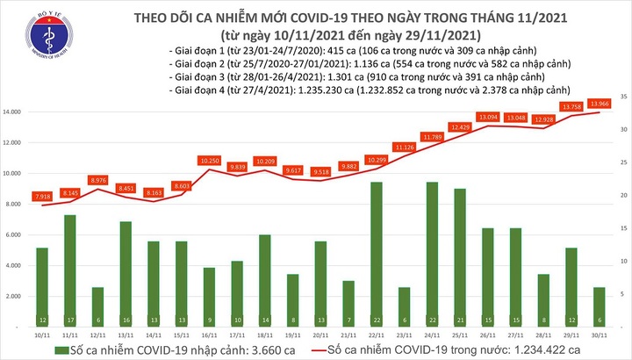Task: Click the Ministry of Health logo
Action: pyautogui.click(x=35, y=40)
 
